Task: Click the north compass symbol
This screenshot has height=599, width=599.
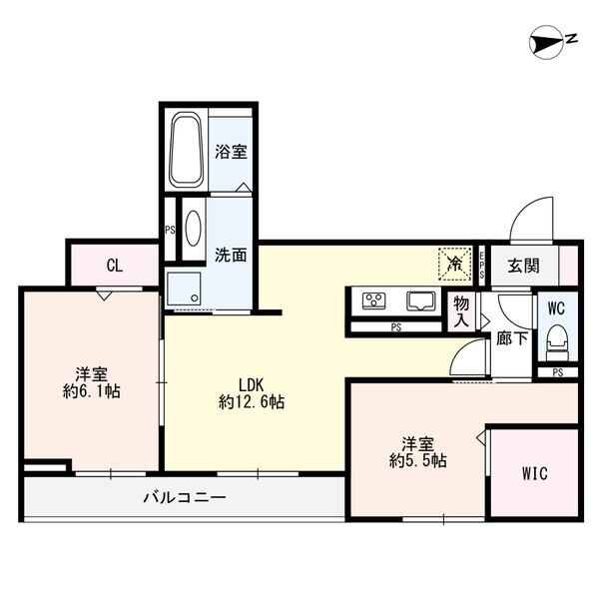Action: (546, 42)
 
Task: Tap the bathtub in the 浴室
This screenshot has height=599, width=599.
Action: (186, 150)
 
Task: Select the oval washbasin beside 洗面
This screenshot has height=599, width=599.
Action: (193, 228)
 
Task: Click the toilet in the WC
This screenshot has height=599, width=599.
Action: (557, 342)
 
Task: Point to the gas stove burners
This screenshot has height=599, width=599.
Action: (373, 300)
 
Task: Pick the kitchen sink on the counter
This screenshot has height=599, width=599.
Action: (421, 301)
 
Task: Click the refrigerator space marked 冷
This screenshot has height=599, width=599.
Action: (455, 264)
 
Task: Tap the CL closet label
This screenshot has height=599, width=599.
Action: (115, 266)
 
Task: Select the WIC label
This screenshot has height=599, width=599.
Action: (535, 473)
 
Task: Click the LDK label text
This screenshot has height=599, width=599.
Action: (251, 385)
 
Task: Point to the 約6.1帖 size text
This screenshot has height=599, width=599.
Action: (92, 391)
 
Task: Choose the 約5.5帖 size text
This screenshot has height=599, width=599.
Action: (418, 461)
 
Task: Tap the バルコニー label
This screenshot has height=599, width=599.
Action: (185, 497)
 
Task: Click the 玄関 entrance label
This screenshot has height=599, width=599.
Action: (523, 266)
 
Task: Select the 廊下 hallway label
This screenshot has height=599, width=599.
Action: (512, 338)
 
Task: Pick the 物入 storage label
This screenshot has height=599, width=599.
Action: (461, 312)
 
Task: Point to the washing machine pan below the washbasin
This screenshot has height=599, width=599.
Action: (184, 289)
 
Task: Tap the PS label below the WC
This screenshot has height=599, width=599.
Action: (558, 372)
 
